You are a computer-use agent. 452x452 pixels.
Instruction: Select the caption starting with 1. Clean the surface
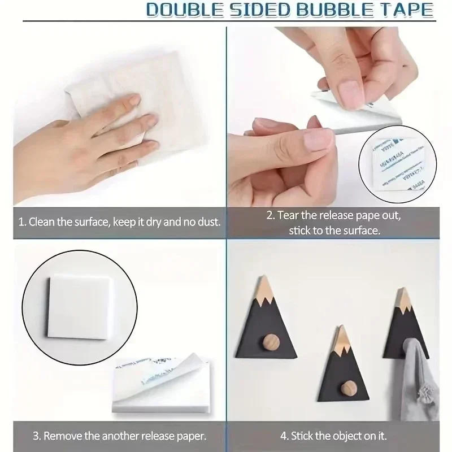(x=119, y=222)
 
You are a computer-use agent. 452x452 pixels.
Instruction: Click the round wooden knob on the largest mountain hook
(x=269, y=342)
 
